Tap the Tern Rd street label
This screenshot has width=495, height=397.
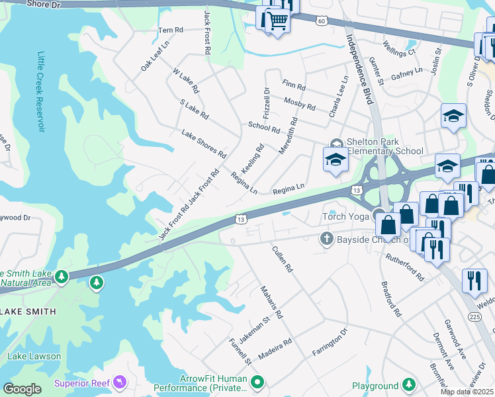pyautogui.click(x=170, y=30)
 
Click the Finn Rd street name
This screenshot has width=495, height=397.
pyautogui.click(x=293, y=85)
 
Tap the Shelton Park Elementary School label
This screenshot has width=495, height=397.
pyautogui.click(x=381, y=146)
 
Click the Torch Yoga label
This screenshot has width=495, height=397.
pyautogui.click(x=346, y=216)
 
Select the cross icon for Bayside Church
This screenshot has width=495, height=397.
pyautogui.click(x=326, y=239)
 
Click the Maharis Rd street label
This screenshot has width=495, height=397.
pyautogui.click(x=271, y=302)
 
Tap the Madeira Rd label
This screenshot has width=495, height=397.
pyautogui.click(x=275, y=349)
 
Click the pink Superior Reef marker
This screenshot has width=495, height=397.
pyautogui.click(x=119, y=382)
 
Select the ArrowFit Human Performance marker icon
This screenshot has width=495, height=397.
pyautogui.click(x=258, y=382)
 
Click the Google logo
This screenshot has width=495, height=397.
pyautogui.click(x=22, y=389)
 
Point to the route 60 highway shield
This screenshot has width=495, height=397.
pyautogui.click(x=322, y=21)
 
